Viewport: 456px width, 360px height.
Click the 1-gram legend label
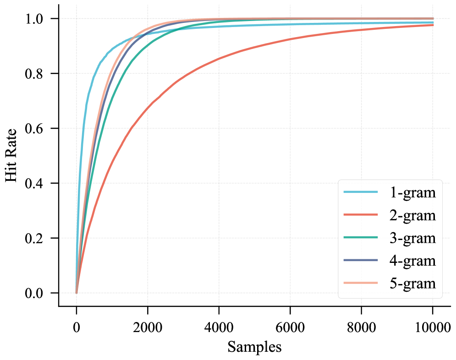coord(412,193)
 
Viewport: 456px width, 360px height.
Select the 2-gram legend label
coord(412,215)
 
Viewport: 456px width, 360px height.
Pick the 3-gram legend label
coord(412,238)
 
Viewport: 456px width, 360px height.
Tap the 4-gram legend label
coord(412,261)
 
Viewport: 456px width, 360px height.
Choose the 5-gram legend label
coord(412,283)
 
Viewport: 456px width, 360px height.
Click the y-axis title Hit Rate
coord(12,156)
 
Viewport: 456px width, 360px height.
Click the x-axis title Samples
coord(254,347)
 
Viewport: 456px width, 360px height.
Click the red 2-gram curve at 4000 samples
coord(219,59)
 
